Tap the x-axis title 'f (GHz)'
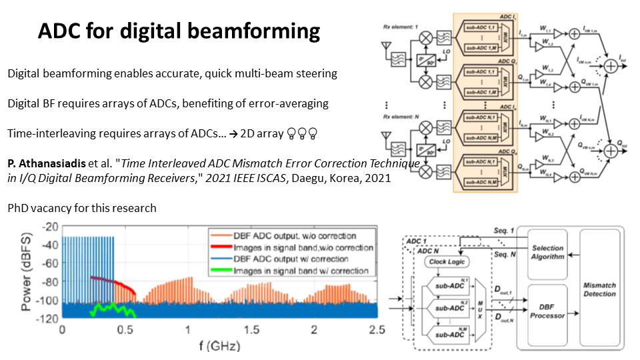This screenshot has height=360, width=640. click(x=219, y=346)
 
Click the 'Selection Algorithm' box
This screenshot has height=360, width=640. click(x=549, y=251)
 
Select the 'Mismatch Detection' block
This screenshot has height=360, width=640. click(x=599, y=289)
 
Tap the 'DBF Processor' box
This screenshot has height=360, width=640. click(x=549, y=311)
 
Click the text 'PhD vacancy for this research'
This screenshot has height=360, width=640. click(x=82, y=208)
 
